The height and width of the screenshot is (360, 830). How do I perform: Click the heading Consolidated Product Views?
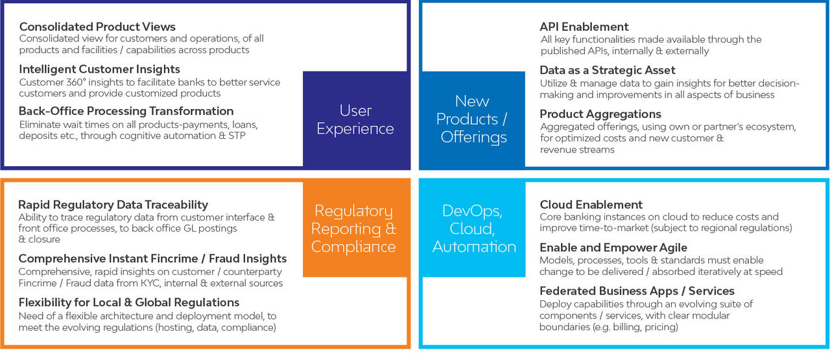tap(97, 27)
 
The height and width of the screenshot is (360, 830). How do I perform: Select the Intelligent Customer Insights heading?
tap(99, 69)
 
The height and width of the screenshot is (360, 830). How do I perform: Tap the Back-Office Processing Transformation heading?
tap(126, 111)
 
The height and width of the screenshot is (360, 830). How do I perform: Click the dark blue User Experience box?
tap(357, 119)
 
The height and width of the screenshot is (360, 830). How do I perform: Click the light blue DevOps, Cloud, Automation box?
tap(473, 229)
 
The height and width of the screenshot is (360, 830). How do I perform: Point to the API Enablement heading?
tap(584, 27)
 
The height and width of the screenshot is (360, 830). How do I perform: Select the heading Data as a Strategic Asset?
tap(608, 70)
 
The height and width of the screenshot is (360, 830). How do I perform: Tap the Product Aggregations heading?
tap(600, 114)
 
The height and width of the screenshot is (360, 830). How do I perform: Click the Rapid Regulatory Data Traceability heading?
tap(113, 205)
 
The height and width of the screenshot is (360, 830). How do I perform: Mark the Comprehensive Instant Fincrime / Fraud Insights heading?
tap(152, 258)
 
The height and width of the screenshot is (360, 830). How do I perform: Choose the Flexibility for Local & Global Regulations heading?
tap(129, 302)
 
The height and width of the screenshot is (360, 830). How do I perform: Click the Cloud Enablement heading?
tap(591, 205)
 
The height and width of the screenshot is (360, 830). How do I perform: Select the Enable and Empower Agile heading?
tap(613, 247)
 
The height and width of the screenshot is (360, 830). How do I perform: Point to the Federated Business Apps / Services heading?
tap(637, 291)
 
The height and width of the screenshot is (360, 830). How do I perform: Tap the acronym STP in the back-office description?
tap(237, 136)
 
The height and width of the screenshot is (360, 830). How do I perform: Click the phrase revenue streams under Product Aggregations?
tap(577, 150)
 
